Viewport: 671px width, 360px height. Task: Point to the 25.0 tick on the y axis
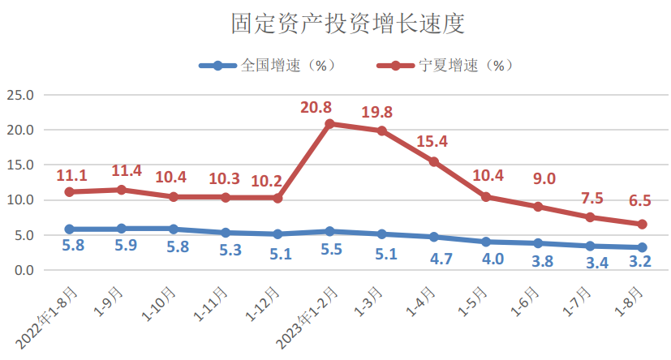(20, 95)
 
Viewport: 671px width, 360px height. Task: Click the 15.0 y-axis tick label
(20, 165)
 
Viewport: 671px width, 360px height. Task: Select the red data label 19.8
(378, 113)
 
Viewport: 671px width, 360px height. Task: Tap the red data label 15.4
(433, 144)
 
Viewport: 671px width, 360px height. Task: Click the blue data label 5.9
(127, 245)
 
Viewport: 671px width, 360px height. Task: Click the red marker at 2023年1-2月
(329, 124)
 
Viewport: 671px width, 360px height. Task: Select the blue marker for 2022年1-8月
(70, 229)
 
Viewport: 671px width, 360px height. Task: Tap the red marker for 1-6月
(538, 207)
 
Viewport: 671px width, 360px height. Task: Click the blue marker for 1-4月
(434, 237)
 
